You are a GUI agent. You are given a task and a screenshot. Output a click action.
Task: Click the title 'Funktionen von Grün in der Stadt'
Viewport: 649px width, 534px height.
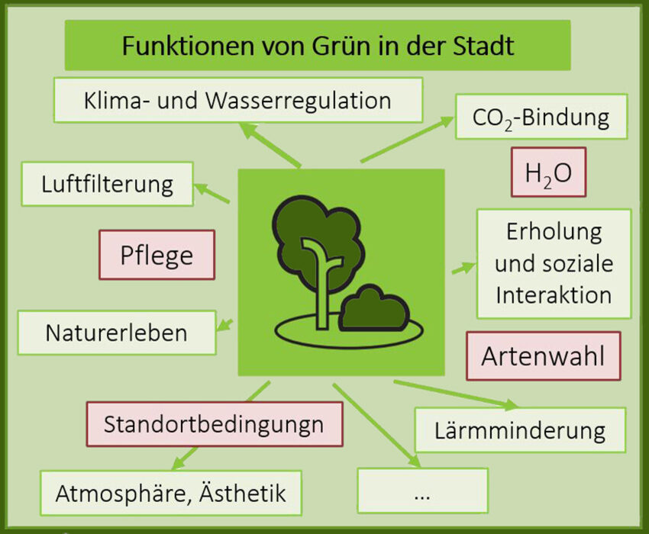(318, 45)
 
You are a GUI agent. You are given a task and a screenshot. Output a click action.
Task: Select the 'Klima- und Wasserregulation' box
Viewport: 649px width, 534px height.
(238, 100)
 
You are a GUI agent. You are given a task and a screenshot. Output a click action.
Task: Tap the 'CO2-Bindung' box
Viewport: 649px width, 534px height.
(541, 117)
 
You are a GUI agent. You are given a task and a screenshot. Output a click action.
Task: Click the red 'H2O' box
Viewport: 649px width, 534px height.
(548, 172)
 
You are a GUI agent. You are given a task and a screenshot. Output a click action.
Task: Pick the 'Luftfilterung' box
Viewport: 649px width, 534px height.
(107, 184)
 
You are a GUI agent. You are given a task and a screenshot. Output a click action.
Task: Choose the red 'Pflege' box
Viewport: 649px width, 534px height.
(157, 255)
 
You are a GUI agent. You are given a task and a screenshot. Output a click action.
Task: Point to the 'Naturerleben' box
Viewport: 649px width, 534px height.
(117, 333)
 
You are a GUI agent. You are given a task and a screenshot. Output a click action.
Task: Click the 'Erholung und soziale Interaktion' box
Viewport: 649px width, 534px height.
(554, 263)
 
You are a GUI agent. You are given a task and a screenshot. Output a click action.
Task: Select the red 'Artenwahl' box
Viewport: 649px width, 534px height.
(544, 355)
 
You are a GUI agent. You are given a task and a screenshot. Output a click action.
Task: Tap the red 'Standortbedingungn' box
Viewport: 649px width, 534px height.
(215, 424)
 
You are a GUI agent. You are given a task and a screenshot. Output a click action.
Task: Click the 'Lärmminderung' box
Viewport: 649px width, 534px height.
(520, 430)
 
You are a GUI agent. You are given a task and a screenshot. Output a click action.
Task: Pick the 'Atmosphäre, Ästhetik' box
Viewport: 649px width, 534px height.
(171, 493)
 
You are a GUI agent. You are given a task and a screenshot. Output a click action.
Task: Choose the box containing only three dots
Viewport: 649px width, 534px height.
(422, 491)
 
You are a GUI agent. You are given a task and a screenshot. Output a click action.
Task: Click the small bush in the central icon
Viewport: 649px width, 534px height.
(374, 309)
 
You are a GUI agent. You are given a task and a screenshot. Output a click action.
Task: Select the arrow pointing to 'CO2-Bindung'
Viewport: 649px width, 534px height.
(407, 140)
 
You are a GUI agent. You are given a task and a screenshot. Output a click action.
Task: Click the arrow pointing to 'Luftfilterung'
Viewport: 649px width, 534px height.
(211, 194)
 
